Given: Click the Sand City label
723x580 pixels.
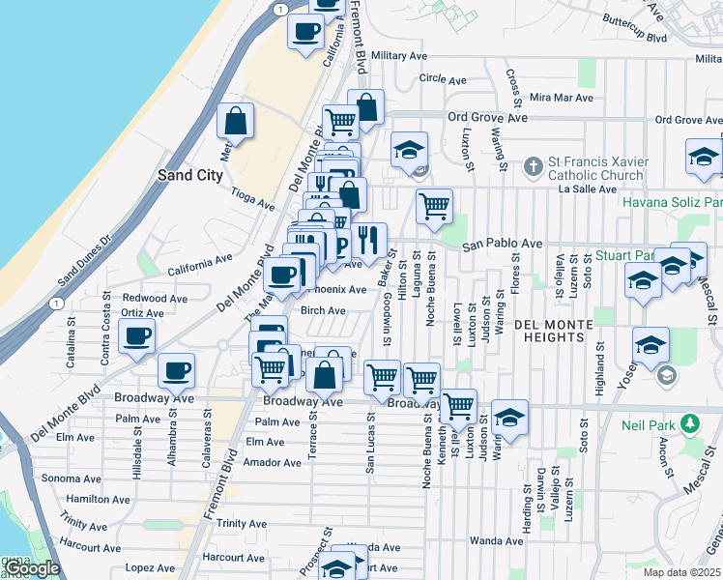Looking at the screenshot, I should click(x=190, y=176).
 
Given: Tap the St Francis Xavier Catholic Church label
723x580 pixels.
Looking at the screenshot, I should click(x=595, y=168).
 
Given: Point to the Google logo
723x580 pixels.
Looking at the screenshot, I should click(x=32, y=569).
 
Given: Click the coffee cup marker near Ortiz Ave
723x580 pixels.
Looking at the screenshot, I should click(x=136, y=337).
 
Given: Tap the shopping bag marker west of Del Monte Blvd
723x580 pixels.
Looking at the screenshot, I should click(x=236, y=122).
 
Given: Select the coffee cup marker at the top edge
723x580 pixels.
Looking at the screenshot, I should click(x=306, y=31).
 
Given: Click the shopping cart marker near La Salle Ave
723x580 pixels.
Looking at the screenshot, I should click(x=435, y=206).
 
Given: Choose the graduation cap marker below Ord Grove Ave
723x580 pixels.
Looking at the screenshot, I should click(x=409, y=150).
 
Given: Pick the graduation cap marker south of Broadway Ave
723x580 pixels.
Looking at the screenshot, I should click(x=509, y=418).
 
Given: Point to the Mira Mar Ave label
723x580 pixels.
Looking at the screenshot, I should click(x=561, y=98).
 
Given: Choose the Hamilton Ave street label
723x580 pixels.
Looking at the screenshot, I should click(x=92, y=499).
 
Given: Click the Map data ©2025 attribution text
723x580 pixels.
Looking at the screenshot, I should click(x=682, y=572).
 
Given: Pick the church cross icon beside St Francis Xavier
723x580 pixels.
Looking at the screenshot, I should click(x=533, y=167).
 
